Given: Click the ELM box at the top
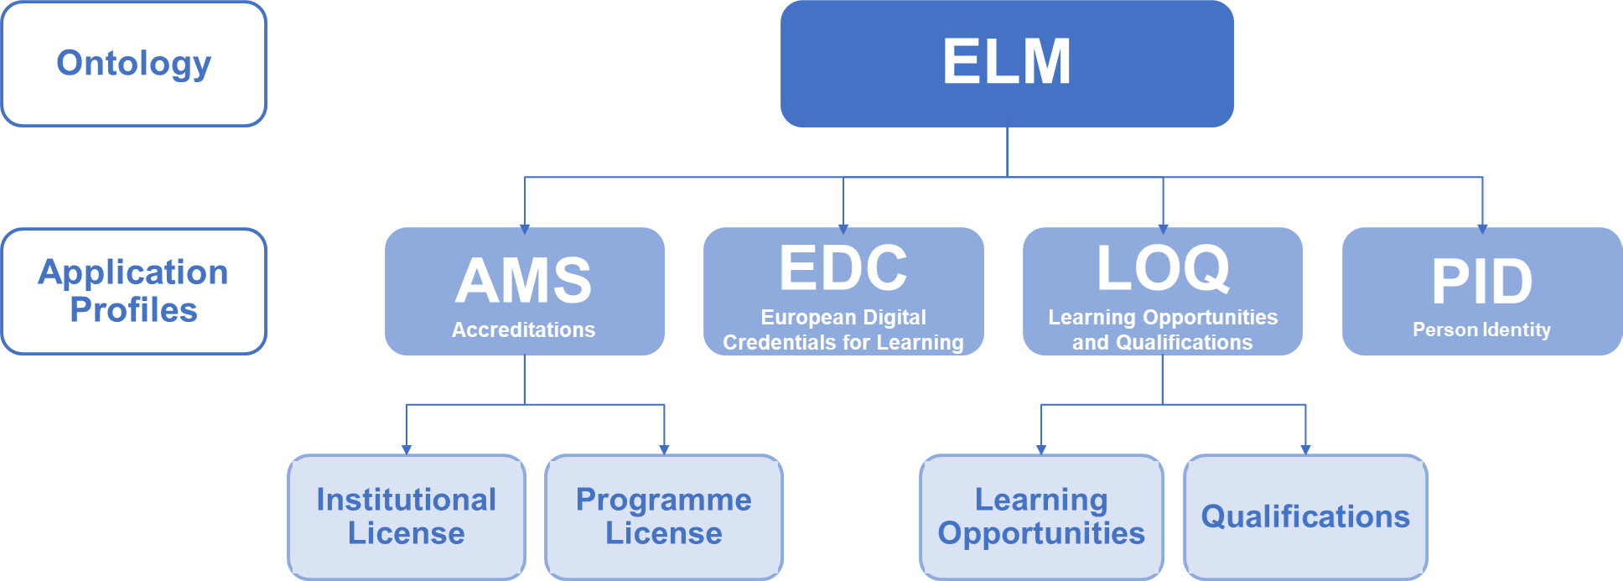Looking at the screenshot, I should click(x=1007, y=63).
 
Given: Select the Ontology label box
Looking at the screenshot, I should click(x=134, y=64).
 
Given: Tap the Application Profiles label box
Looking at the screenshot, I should click(x=134, y=291).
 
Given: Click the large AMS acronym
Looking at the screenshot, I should click(x=524, y=280).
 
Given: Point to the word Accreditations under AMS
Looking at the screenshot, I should click(x=524, y=329).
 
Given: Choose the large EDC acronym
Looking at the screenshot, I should click(x=843, y=268).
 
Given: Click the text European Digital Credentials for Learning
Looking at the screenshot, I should click(x=843, y=329).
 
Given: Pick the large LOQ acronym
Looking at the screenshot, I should click(x=1163, y=268).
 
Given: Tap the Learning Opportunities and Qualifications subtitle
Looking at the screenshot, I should click(x=1163, y=329).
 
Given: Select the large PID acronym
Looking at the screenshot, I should click(x=1481, y=281).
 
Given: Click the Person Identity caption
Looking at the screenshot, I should click(x=1481, y=329).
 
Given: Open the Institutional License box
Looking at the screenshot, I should click(x=407, y=516).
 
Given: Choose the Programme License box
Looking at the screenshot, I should click(x=664, y=516).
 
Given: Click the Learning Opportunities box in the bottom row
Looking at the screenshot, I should click(x=1041, y=516).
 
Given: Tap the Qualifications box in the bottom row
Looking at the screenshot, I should click(x=1305, y=516).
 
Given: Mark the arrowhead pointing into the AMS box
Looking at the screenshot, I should click(x=525, y=228).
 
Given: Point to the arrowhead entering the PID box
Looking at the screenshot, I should click(x=1482, y=228).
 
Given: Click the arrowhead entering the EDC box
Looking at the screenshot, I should click(x=843, y=228).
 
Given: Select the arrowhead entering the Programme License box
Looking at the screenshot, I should click(x=664, y=449).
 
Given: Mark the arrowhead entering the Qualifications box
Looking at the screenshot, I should click(x=1305, y=449).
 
